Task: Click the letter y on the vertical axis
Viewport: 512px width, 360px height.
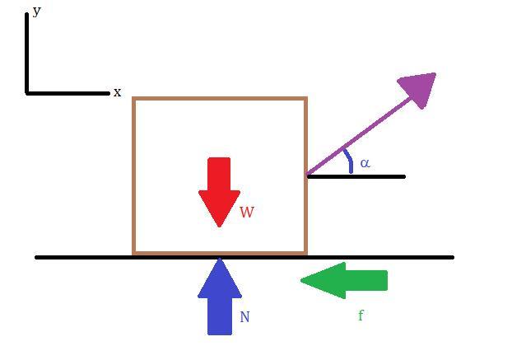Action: pos(36,12)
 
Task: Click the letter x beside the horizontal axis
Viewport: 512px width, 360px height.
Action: pos(117,92)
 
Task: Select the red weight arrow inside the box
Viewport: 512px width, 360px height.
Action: pos(220,192)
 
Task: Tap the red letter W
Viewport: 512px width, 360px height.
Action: pos(247,212)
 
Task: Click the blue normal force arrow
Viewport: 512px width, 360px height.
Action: pos(220,297)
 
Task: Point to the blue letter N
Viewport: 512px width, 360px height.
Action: pos(245,317)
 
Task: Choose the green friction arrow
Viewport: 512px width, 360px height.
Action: pos(344,280)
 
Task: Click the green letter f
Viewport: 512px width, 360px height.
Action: pos(361,316)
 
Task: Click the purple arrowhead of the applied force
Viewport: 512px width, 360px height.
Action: pos(418,90)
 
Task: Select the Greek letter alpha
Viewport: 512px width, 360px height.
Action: pos(365,163)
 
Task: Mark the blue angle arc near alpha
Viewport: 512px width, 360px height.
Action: pos(348,161)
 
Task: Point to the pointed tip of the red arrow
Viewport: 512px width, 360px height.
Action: pos(220,227)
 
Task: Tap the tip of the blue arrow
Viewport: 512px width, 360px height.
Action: pos(220,259)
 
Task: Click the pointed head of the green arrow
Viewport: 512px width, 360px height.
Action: pos(301,280)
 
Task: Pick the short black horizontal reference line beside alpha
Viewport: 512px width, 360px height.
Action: pos(356,177)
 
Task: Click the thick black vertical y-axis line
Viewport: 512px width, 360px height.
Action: pos(27,54)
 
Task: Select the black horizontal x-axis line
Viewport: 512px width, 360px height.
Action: pos(67,93)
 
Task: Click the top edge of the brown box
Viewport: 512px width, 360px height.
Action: pos(220,98)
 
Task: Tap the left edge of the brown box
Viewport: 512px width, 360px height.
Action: pos(134,175)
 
